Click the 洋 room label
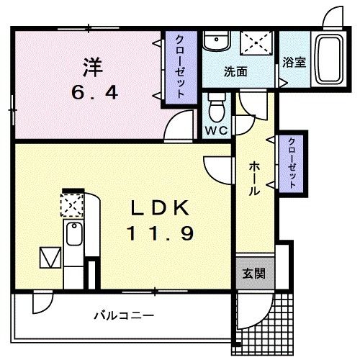tap(94, 68)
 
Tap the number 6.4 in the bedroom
tap(94, 92)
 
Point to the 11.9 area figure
tap(161, 233)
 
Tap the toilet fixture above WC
tap(215, 107)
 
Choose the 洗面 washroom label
tap(235, 71)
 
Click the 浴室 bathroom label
tap(294, 63)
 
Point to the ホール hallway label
tap(254, 179)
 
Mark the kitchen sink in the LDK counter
tap(73, 235)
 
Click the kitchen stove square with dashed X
tap(73, 205)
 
